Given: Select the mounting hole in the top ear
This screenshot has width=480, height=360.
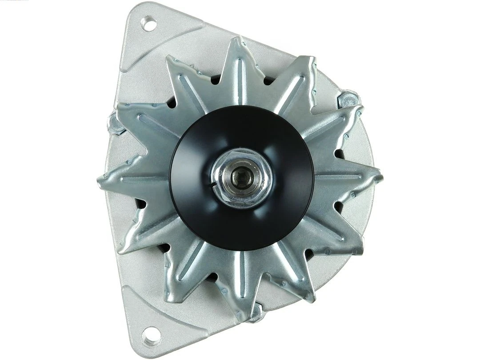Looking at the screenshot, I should (149, 24).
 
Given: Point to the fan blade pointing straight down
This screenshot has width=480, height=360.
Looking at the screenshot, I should (242, 293).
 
